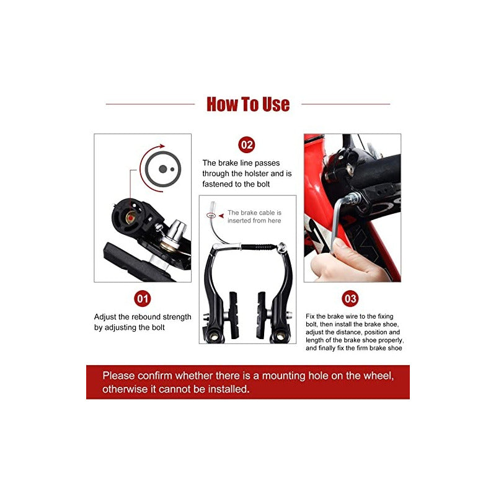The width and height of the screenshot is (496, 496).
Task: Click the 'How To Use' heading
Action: click(248, 104)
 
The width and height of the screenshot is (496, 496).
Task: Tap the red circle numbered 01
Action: click(143, 299)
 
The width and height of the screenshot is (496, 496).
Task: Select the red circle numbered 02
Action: click(247, 145)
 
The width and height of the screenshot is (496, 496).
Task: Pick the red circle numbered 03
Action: click(350, 299)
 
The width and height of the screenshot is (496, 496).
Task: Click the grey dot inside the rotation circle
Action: click(162, 168)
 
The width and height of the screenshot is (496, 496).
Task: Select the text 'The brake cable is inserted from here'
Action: click(254, 216)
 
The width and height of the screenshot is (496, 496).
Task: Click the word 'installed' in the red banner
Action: click(226, 390)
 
